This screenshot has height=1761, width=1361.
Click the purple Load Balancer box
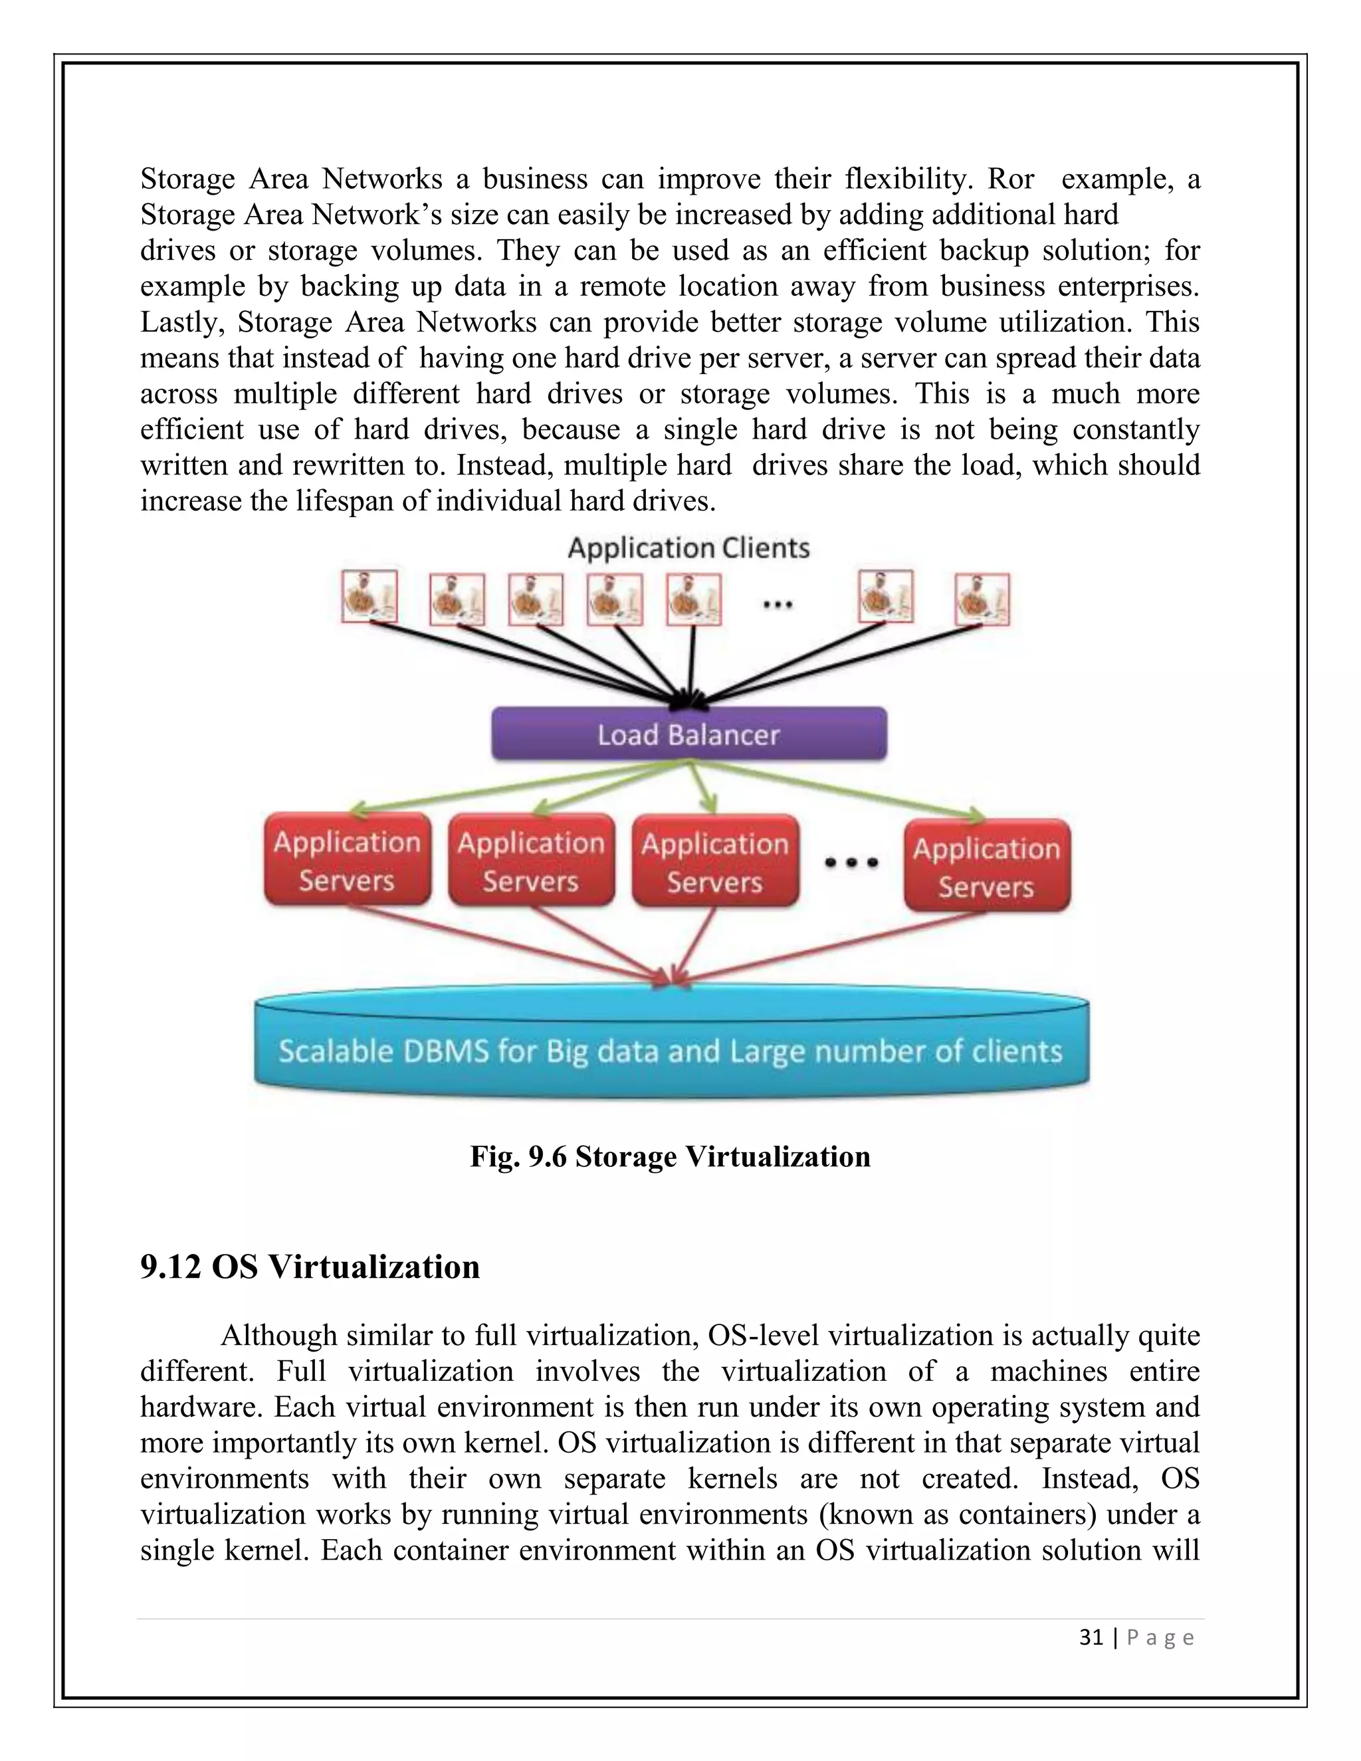tap(688, 734)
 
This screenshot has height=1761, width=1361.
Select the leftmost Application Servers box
tap(347, 861)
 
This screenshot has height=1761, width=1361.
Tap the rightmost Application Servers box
tap(986, 867)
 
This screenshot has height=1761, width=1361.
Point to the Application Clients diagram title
tap(688, 548)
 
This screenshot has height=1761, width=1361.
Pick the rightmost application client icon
tap(982, 600)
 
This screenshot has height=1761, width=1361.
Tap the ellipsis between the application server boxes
tap(851, 863)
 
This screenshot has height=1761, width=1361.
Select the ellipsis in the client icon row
tap(778, 603)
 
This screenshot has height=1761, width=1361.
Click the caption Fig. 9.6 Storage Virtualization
tap(670, 1157)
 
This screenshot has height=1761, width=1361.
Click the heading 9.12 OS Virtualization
tap(310, 1267)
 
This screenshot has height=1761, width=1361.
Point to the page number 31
tap(1091, 1637)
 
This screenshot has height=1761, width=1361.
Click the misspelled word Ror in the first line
tap(1010, 179)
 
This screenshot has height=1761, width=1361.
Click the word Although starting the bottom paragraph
tap(279, 1336)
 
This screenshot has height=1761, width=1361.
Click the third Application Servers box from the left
tap(715, 862)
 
